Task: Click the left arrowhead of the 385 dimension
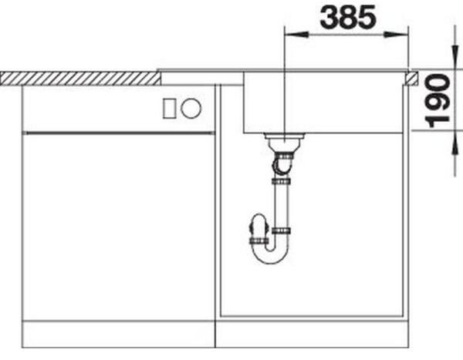pyautogui.click(x=291, y=33)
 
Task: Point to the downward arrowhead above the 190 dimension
pyautogui.click(x=451, y=61)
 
